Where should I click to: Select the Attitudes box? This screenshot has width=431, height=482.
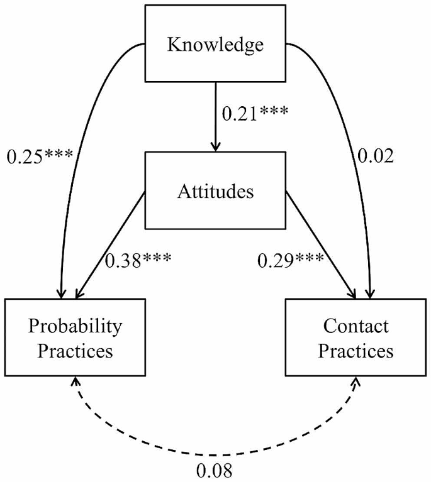pos(215,190)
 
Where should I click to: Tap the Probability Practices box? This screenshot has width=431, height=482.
pos(75,337)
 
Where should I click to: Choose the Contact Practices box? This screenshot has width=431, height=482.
pos(355,337)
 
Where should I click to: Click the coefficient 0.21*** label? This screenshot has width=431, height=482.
pos(254,114)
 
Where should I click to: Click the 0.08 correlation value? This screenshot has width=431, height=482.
pos(215,469)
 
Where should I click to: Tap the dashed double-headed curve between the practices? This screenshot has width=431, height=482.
pos(215,453)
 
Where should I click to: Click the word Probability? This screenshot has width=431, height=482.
pos(75,326)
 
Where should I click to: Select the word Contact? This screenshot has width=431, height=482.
pos(355,326)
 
